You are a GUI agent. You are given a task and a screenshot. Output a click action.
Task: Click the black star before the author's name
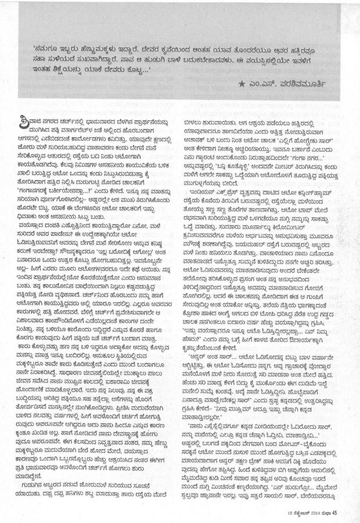(x=242, y=85)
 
